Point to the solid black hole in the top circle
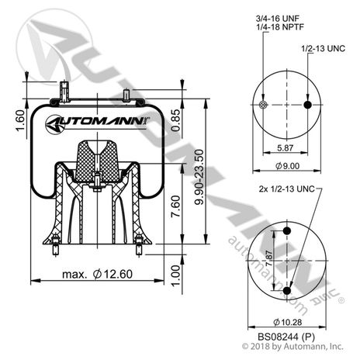click(x=310, y=105)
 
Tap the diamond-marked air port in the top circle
click(x=264, y=105)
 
